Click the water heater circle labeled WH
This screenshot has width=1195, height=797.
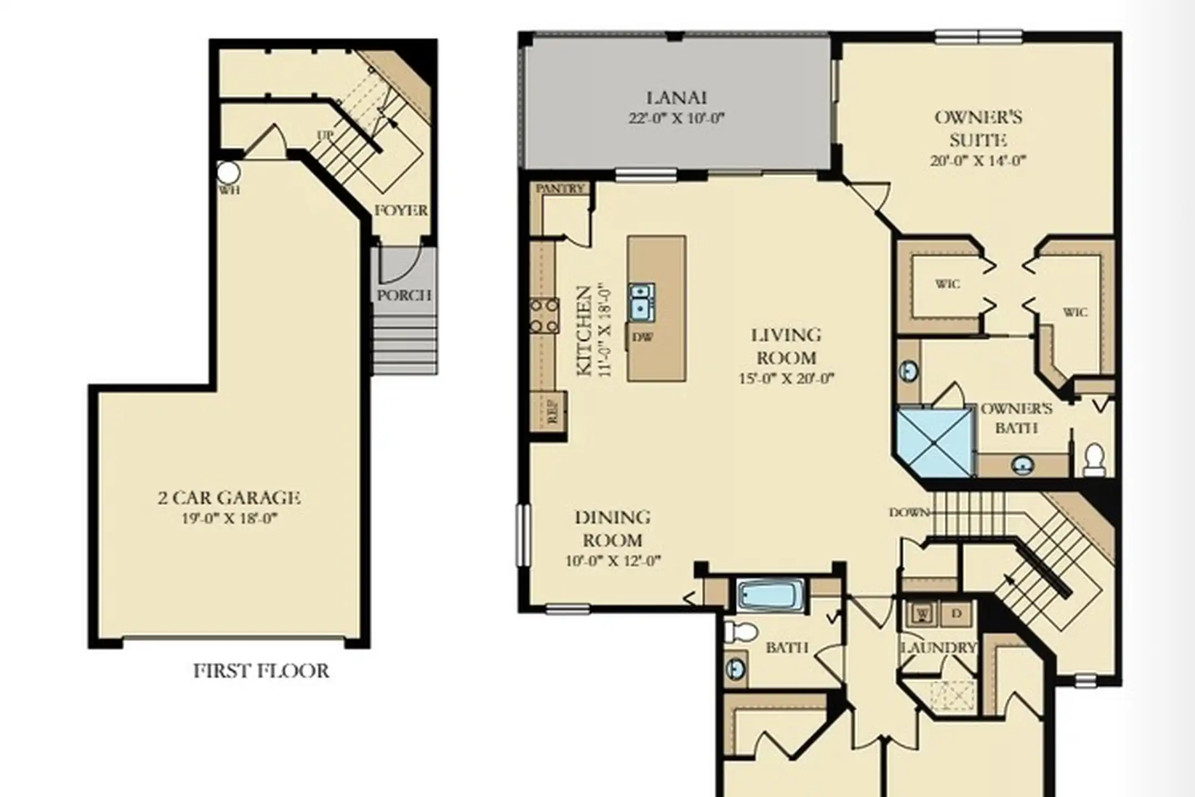[x=228, y=173]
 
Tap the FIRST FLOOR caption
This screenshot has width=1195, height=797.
[x=261, y=671]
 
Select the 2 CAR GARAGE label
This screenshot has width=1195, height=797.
[x=229, y=498]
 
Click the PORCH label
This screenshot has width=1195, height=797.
[x=404, y=295]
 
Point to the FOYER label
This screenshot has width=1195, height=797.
[x=401, y=210]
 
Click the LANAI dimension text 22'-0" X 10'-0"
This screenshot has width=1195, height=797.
[x=676, y=118]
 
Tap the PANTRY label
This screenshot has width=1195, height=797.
[x=560, y=189]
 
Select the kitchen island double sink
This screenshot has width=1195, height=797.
[x=642, y=302]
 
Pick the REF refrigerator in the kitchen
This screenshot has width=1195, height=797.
[x=548, y=411]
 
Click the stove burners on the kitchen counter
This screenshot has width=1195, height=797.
[x=544, y=315]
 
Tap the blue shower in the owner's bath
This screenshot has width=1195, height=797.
[x=935, y=442]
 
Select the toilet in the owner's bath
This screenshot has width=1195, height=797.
[x=1093, y=459]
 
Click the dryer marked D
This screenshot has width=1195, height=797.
[x=957, y=614]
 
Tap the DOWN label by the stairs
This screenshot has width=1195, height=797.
[x=909, y=513]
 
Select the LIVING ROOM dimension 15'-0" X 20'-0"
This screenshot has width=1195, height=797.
[x=786, y=379]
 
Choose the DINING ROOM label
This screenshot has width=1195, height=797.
[x=612, y=529]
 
